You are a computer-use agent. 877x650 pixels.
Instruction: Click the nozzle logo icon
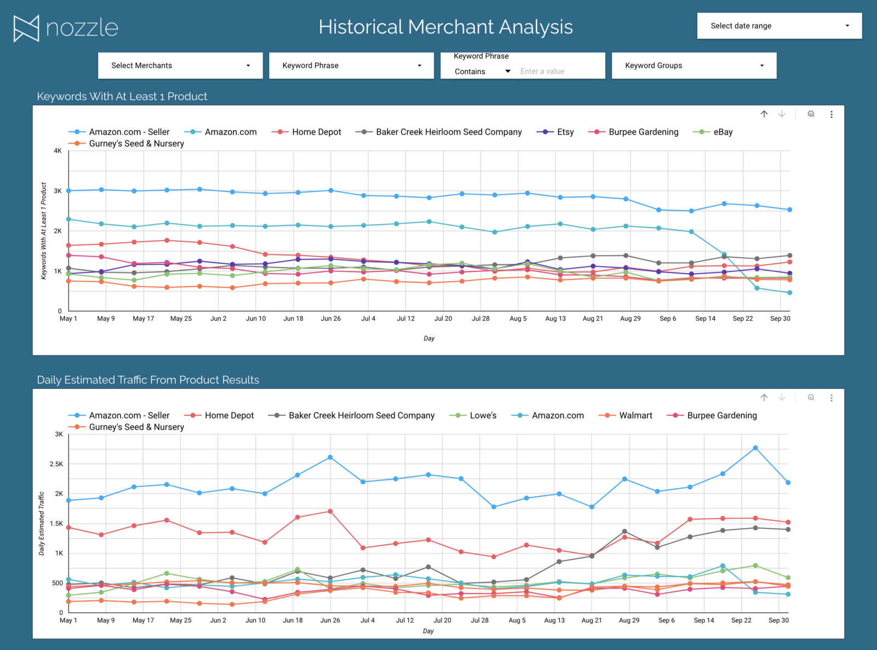point(26,28)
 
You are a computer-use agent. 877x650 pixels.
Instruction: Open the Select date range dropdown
point(779,26)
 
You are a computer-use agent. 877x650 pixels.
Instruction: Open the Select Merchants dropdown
point(180,65)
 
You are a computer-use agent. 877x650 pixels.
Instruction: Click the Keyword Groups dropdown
point(694,65)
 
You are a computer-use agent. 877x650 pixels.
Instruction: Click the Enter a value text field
point(559,71)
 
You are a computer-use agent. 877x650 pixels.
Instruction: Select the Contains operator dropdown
point(482,71)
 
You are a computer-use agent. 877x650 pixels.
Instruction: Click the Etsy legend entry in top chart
point(565,132)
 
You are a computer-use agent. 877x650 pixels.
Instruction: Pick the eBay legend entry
point(722,132)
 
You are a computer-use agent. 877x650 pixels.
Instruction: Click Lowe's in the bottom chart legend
point(482,415)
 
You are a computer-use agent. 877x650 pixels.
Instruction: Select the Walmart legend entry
point(635,415)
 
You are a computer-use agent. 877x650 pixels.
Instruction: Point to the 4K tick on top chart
point(58,150)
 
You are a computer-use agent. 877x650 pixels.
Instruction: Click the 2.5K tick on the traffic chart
point(56,464)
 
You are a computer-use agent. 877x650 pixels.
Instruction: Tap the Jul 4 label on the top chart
point(368,318)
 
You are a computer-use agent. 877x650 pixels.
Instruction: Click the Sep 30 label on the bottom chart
point(778,620)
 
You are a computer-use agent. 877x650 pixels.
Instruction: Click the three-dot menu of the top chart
point(831,114)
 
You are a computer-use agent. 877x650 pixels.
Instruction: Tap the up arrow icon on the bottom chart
point(764,398)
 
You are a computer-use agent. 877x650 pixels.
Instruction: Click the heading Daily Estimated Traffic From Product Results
point(148,380)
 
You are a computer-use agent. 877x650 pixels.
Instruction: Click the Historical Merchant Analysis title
point(446,27)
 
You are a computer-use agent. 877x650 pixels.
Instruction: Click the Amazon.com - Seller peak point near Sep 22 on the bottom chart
point(755,448)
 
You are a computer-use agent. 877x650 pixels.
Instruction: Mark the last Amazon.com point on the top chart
point(790,292)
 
